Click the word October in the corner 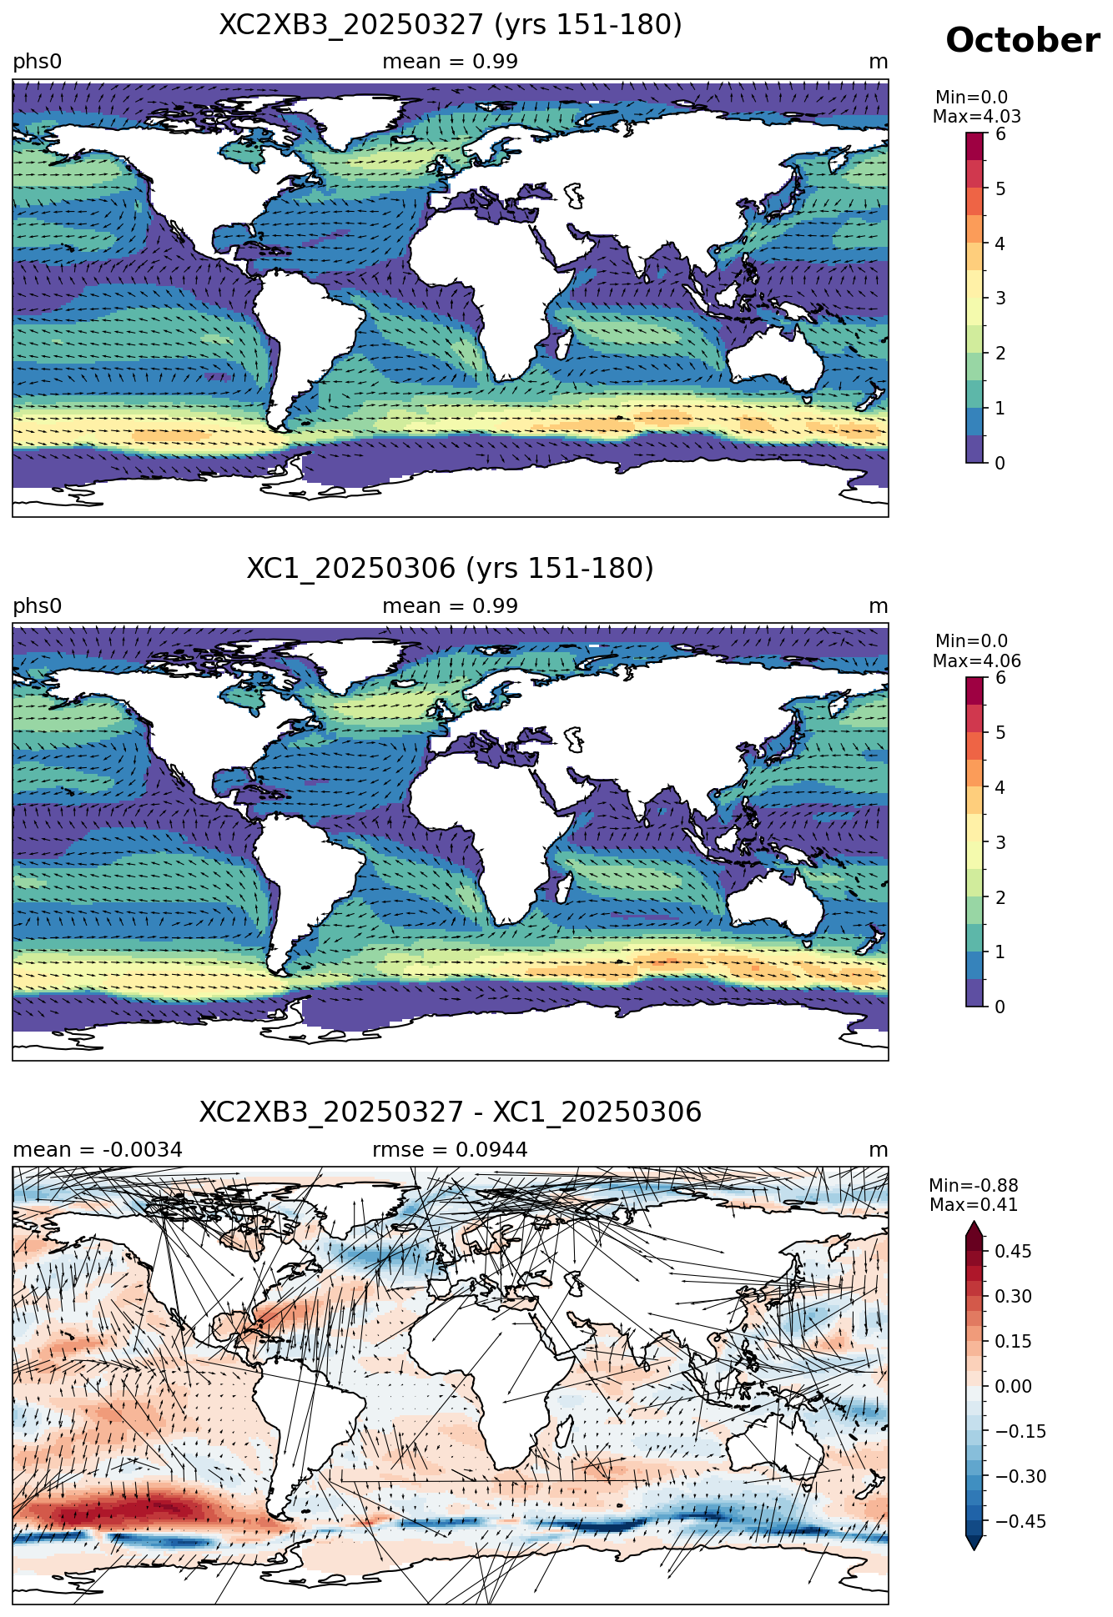1022,40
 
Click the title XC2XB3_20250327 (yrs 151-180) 451,25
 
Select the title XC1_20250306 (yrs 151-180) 451,569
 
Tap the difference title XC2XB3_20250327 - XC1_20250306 451,1112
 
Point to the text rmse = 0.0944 451,1150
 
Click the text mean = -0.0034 98,1150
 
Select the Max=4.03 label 976,117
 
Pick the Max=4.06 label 976,661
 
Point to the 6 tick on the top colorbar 1000,134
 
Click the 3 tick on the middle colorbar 1000,842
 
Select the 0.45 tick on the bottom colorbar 1013,1251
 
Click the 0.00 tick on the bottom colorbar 1013,1386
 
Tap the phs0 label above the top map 38,63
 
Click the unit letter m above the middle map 879,607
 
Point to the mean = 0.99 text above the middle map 451,606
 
